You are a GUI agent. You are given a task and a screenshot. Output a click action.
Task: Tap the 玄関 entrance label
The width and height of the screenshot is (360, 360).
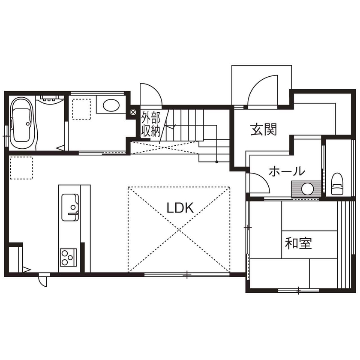pos(264,129)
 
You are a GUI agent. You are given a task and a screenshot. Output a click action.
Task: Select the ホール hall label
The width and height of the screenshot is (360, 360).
pos(287,171)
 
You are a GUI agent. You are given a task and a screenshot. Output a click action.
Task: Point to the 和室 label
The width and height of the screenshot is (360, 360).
pos(298,243)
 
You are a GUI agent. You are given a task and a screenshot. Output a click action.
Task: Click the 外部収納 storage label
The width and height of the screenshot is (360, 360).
pos(150,124)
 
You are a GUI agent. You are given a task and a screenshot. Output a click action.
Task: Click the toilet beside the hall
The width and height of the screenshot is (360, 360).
pos(337,184)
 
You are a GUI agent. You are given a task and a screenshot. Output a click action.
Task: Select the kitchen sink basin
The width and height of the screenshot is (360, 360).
pos(70,207)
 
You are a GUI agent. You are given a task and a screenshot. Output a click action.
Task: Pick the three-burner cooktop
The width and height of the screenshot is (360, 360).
pos(69,257)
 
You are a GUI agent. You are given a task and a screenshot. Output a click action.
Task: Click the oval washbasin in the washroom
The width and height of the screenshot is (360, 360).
pos(111,105)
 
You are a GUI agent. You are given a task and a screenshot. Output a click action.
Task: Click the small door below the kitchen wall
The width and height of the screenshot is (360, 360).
pos(43,280)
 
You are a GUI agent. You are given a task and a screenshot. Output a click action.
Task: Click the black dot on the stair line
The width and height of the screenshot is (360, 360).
pos(216,162)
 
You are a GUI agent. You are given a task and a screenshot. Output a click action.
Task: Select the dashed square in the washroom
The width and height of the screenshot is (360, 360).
pos(81,109)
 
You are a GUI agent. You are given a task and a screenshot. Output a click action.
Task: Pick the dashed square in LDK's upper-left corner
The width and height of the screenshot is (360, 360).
pos(21,168)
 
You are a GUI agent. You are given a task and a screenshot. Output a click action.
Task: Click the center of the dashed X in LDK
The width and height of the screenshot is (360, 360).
pos(179,229)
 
